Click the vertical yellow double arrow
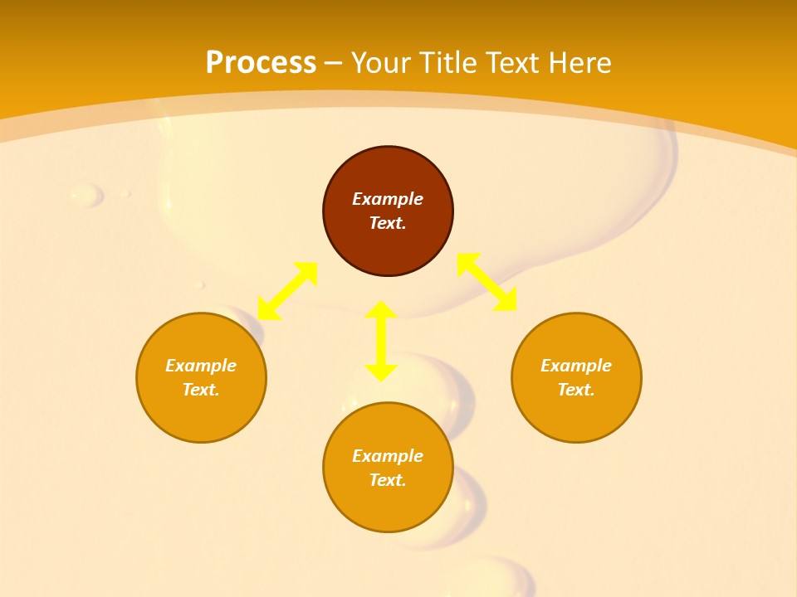pos(381,341)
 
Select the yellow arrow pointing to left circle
pos(287,291)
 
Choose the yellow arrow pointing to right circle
pos(487,282)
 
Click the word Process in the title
pos(261,63)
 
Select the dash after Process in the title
pos(334,63)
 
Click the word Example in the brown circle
pos(388,199)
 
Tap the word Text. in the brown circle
pos(388,223)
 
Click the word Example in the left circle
pos(201,366)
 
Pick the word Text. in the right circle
pos(576,390)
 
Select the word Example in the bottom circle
pos(388,456)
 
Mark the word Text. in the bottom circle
pos(388,480)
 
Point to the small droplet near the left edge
pos(86,196)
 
